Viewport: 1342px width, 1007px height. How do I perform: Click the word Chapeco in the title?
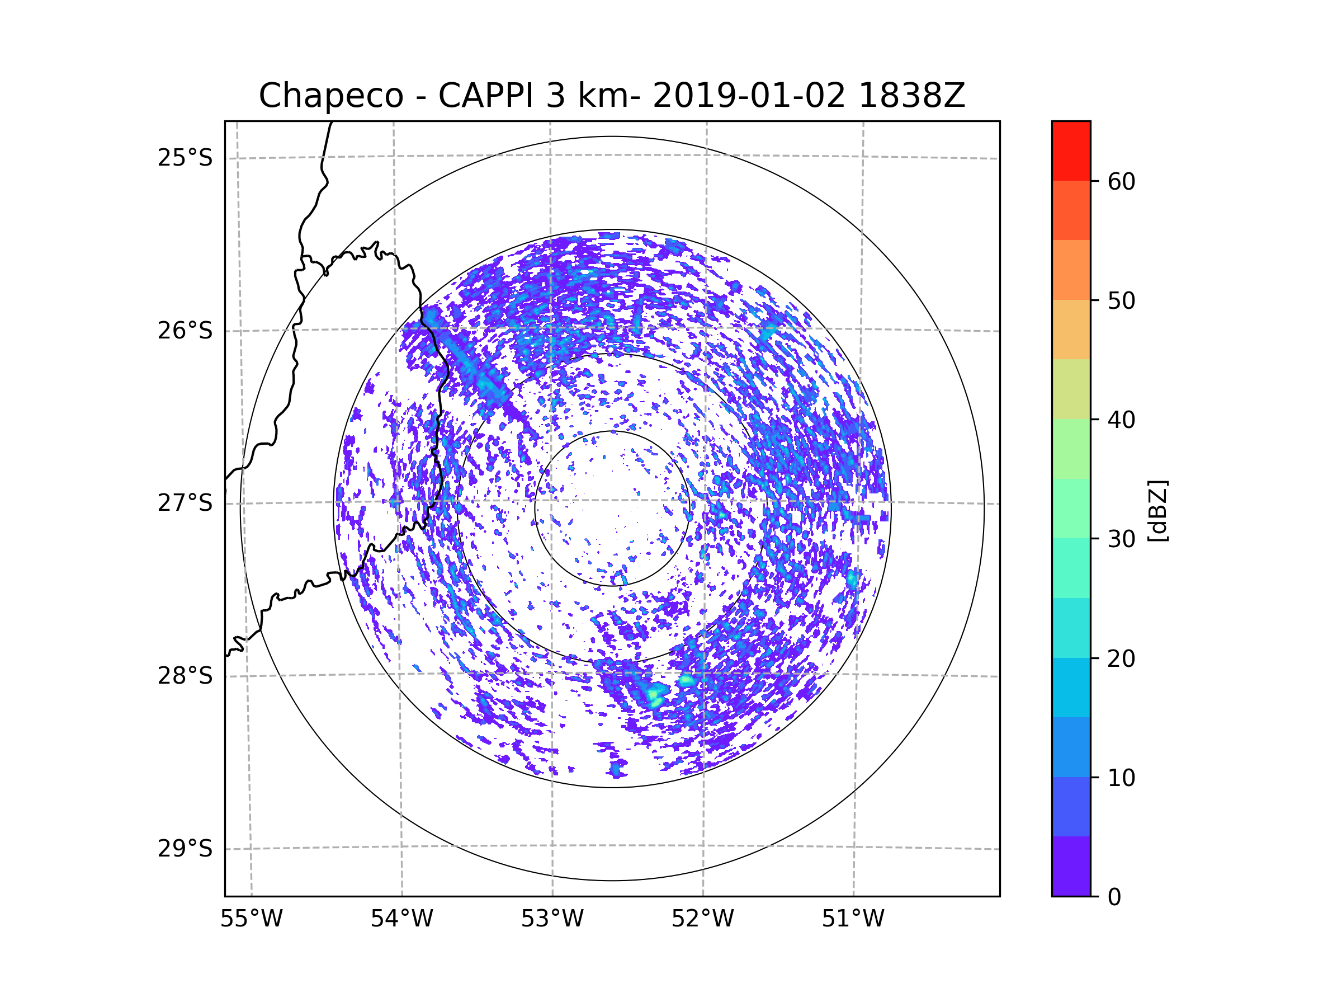(330, 96)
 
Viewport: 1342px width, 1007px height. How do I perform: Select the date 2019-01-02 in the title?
(749, 96)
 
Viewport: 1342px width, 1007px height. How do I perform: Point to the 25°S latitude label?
(185, 158)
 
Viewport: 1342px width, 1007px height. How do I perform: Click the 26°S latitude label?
(185, 331)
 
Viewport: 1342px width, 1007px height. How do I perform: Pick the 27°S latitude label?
(185, 503)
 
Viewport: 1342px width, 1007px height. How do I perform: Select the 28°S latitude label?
(185, 676)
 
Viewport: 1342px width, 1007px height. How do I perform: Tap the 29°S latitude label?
(185, 849)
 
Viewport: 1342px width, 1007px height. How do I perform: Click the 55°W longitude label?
(251, 919)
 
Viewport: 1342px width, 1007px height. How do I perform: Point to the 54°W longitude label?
(401, 919)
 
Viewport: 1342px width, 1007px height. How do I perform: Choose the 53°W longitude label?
(552, 919)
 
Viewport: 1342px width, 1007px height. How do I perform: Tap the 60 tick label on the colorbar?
(1121, 181)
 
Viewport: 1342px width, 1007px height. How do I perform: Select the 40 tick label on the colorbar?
(1121, 420)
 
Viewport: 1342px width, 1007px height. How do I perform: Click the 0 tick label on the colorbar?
(1114, 897)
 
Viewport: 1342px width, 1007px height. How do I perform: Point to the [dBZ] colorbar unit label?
(1157, 510)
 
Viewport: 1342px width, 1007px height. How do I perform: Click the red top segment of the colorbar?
(1071, 150)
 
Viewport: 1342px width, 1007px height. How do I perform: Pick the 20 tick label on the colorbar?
(1121, 658)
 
